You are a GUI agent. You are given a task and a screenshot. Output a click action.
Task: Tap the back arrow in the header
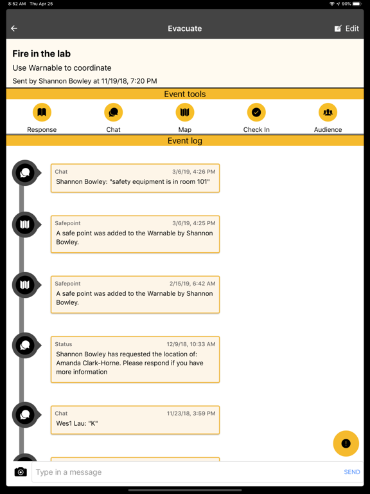tap(14, 28)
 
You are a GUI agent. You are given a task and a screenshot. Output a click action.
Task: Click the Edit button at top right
tap(347, 28)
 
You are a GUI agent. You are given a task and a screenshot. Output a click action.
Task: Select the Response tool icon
tap(42, 113)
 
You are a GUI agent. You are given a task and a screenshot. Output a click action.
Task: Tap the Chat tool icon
tap(113, 113)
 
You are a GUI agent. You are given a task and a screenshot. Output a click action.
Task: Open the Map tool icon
tap(185, 113)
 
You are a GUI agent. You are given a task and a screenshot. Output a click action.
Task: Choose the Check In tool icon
tap(256, 113)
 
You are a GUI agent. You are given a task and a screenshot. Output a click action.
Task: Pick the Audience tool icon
tap(328, 113)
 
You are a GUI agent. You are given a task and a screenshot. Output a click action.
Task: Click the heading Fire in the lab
tap(42, 54)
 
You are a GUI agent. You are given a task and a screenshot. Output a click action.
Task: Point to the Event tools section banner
tap(185, 94)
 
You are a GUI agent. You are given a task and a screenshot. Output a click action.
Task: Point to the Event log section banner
tap(185, 141)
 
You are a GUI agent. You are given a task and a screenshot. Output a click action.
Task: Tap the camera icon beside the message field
tap(21, 472)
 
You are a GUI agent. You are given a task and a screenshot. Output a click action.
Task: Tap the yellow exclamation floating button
tap(346, 443)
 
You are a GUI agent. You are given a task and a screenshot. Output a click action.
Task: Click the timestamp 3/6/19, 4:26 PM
tap(193, 172)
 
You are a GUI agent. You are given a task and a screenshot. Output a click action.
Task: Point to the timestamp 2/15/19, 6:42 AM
tap(192, 284)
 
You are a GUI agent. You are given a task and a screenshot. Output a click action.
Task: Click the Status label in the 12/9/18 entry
tap(64, 344)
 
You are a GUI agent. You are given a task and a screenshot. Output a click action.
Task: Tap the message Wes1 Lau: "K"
tap(77, 424)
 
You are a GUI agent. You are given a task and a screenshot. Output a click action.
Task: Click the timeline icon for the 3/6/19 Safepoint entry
tap(25, 224)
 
